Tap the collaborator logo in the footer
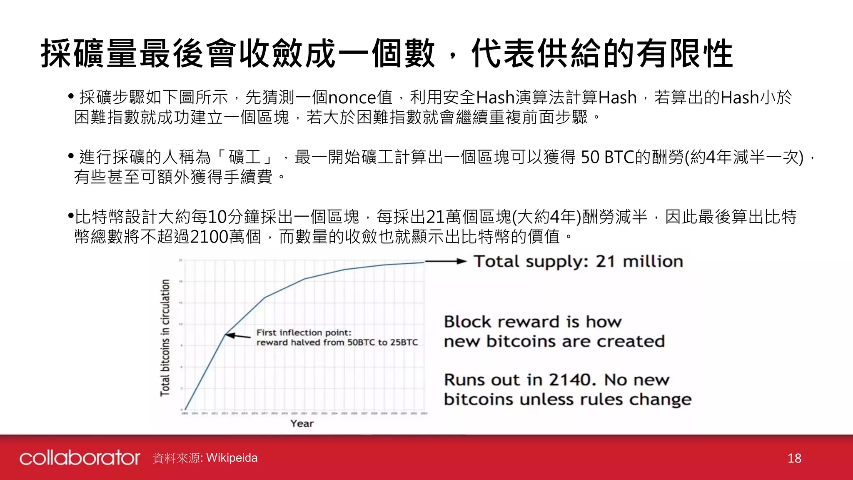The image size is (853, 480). tap(80, 457)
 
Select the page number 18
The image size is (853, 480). tap(794, 458)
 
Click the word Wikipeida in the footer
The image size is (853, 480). tap(232, 458)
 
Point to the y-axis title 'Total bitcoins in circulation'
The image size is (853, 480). tap(165, 337)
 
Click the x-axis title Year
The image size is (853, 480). tap(302, 423)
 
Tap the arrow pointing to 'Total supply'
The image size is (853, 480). tap(445, 262)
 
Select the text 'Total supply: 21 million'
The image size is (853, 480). tap(578, 262)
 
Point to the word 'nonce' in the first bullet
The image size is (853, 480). tap(352, 98)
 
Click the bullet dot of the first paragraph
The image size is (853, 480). tap(71, 97)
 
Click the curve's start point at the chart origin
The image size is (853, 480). tap(185, 410)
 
